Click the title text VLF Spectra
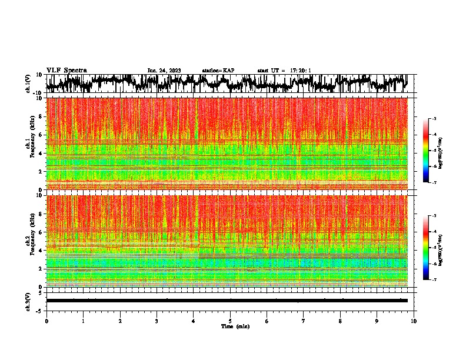point(66,71)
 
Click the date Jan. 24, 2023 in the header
point(164,71)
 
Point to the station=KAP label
point(218,71)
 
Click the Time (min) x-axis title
point(235,326)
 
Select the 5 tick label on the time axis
point(230,321)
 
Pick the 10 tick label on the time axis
point(414,321)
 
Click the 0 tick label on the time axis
point(46,321)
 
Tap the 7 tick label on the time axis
point(304,321)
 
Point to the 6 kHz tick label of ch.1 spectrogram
point(40,135)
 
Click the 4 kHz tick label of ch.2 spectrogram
point(40,250)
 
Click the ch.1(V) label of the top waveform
point(28,84)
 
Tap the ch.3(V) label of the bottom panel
point(28,301)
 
